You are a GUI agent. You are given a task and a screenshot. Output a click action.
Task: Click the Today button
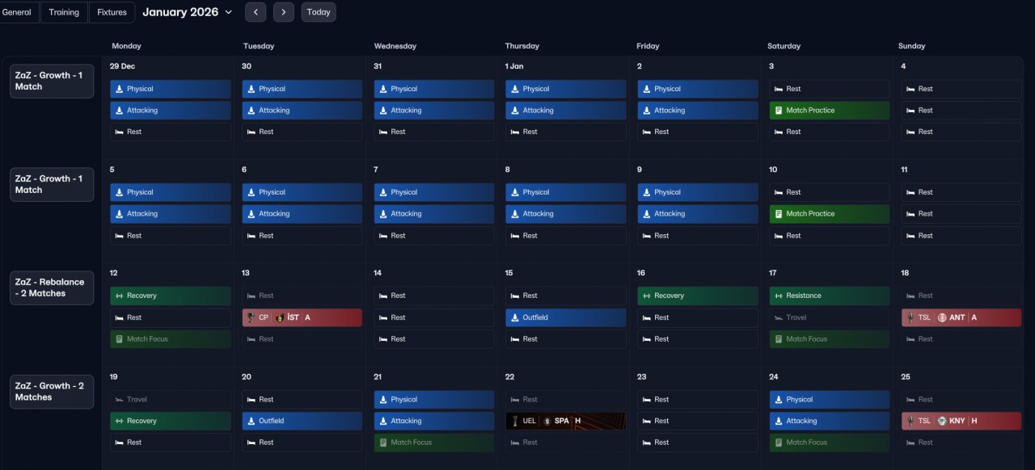tap(319, 12)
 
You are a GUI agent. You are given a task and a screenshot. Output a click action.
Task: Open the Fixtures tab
tap(112, 12)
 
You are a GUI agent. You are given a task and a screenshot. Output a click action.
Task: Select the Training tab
tap(64, 12)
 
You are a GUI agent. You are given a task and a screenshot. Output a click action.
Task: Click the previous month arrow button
tap(256, 12)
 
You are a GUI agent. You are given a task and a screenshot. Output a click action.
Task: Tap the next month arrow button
tap(284, 12)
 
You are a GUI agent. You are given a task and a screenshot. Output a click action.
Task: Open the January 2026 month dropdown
tap(187, 12)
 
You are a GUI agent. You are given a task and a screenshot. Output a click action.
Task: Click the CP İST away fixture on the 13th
tap(302, 317)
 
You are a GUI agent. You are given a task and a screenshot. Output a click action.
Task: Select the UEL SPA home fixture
tap(565, 421)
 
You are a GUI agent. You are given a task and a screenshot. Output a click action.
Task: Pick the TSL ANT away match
tap(961, 317)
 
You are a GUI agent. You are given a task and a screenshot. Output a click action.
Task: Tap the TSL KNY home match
tap(961, 421)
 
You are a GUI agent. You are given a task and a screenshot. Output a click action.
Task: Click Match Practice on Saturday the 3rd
tap(830, 111)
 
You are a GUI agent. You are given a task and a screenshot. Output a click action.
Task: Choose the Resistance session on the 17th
tap(830, 296)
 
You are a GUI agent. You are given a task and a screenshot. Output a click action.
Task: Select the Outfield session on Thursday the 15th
tap(565, 317)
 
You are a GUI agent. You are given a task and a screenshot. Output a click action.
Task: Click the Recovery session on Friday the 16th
tap(698, 296)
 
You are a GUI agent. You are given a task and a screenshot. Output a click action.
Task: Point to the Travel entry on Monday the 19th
tap(171, 400)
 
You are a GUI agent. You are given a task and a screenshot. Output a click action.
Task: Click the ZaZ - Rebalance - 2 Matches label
tap(52, 287)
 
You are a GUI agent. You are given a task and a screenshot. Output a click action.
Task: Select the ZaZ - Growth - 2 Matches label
tap(52, 392)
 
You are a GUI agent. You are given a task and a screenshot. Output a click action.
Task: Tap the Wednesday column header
tap(395, 46)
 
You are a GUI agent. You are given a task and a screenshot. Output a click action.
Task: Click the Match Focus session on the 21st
tap(434, 443)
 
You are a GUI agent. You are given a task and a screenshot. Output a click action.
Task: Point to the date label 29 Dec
tap(122, 66)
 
